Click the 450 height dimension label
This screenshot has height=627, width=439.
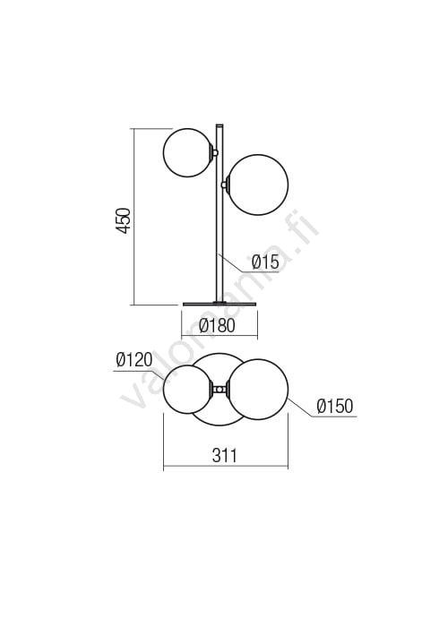pos(124,220)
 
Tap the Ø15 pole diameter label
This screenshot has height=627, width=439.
pos(265,262)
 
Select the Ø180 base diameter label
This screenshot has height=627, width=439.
pos(217,326)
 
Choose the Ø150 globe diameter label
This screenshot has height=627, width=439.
pos(335,407)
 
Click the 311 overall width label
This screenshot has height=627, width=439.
pos(224,455)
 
